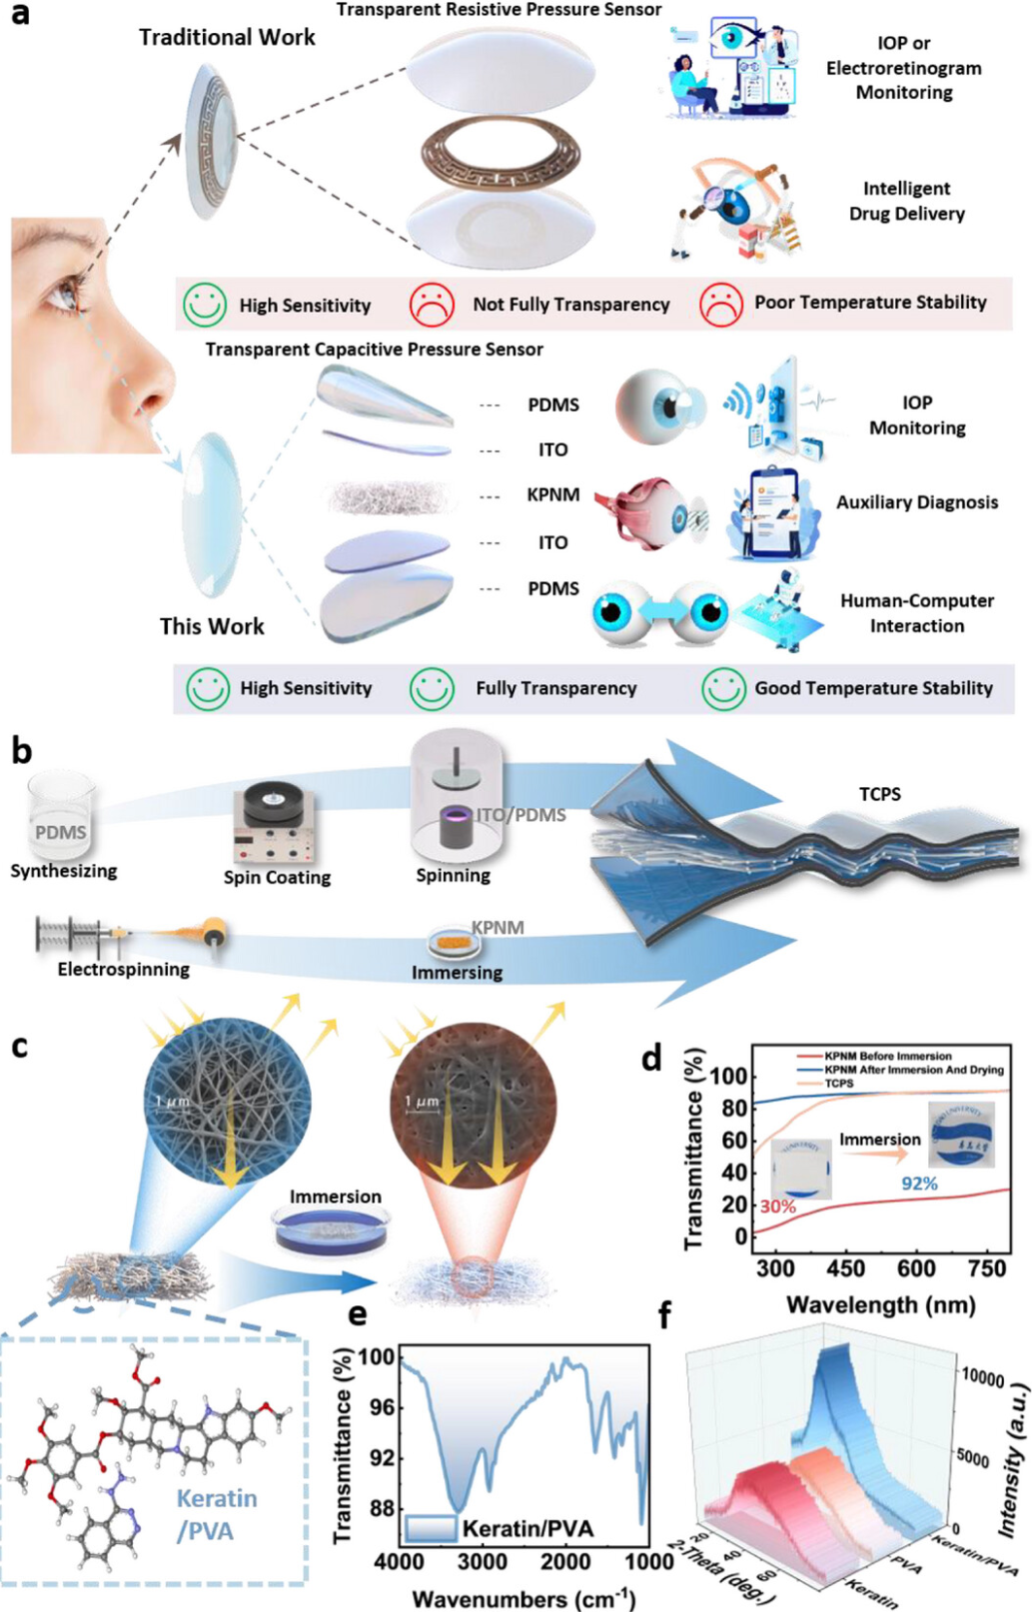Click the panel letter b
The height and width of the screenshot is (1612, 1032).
[21, 751]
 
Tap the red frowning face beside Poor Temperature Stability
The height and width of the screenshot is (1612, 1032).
[720, 304]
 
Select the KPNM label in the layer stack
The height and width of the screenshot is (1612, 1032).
[552, 495]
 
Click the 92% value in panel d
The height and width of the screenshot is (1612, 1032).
[919, 1184]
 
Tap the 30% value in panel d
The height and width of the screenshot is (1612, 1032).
[778, 1207]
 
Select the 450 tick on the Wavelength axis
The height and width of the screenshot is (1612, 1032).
[845, 1268]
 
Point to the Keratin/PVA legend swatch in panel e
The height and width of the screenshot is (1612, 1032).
[431, 1528]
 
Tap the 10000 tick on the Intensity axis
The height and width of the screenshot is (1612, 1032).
[982, 1377]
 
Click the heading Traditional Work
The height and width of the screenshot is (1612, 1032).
[227, 38]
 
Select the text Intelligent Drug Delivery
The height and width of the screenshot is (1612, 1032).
[906, 201]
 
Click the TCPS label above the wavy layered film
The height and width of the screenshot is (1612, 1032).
[879, 794]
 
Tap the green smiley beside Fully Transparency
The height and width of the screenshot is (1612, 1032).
[433, 688]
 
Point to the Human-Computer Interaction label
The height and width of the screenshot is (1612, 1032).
[916, 613]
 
